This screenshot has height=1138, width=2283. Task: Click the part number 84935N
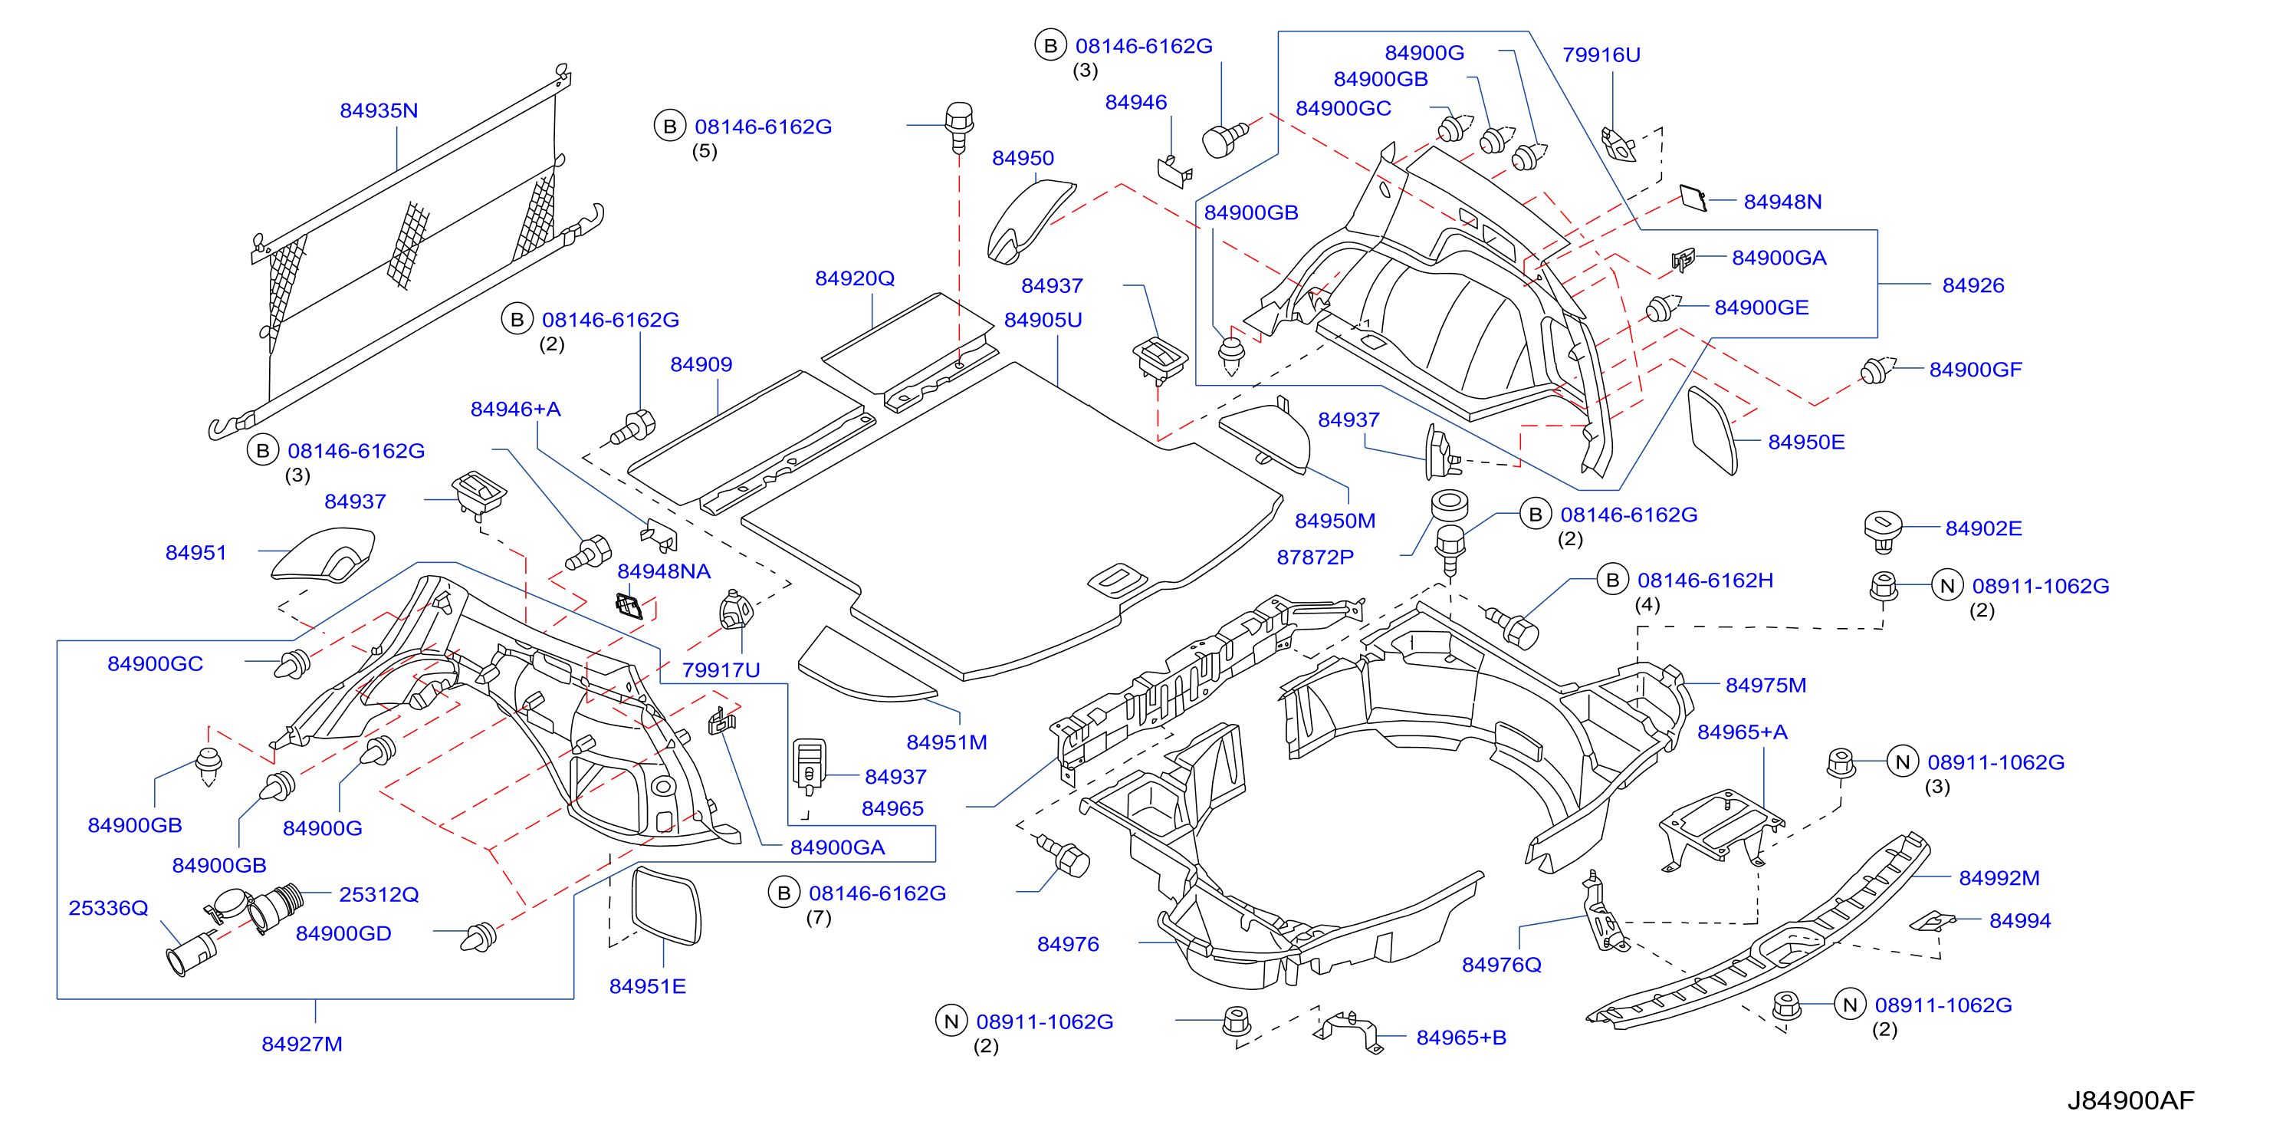point(379,110)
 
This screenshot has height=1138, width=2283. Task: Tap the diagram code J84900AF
point(2130,1100)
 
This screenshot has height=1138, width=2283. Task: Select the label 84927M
point(301,1043)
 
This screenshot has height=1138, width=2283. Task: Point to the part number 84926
point(1973,285)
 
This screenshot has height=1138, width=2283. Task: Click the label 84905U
point(1043,320)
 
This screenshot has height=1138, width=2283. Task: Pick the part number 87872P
point(1316,557)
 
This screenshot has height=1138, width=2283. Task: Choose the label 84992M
point(1999,877)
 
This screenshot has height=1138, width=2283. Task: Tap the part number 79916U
point(1601,55)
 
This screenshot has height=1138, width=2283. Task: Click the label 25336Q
point(108,908)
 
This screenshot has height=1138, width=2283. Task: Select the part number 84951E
point(647,986)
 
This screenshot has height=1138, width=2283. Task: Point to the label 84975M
point(1766,685)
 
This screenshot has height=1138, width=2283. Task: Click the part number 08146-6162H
point(1705,581)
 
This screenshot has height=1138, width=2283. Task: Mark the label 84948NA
point(664,571)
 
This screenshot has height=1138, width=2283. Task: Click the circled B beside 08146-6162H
point(1612,581)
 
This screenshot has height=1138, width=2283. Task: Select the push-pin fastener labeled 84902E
point(1881,531)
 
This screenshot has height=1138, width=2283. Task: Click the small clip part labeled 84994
point(1932,921)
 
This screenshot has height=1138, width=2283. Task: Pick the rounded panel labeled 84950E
point(1713,431)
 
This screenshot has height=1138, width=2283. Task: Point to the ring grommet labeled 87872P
point(1449,503)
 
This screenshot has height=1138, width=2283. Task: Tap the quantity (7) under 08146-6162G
point(818,917)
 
